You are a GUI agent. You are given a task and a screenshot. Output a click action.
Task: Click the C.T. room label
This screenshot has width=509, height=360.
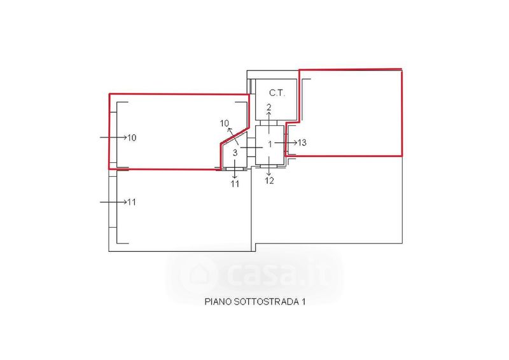pyautogui.click(x=277, y=92)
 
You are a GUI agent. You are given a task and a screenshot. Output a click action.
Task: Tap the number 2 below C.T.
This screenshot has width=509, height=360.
pyautogui.click(x=268, y=106)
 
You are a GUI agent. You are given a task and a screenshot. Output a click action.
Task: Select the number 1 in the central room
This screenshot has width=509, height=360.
pyautogui.click(x=270, y=144)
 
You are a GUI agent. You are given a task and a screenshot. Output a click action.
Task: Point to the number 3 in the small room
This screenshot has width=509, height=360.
pyautogui.click(x=235, y=153)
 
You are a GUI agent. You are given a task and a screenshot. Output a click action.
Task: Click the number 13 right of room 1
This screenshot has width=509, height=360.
pyautogui.click(x=302, y=143)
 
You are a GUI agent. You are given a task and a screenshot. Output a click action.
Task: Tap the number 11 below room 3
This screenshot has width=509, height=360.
pyautogui.click(x=235, y=184)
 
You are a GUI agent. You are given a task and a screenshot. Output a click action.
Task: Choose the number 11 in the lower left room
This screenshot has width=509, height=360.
pyautogui.click(x=132, y=202)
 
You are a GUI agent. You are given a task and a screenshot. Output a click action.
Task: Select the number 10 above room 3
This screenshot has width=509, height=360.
pyautogui.click(x=224, y=123)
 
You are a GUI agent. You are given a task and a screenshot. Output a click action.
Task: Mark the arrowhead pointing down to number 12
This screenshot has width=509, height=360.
pyautogui.click(x=269, y=174)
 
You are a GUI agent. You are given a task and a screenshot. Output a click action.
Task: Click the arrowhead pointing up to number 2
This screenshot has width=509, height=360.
pyautogui.click(x=268, y=113)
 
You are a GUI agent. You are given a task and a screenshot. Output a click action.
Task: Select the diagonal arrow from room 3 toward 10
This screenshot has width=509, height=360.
pyautogui.click(x=234, y=136)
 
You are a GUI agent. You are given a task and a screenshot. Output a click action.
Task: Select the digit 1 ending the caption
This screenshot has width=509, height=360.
pyautogui.click(x=303, y=302)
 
